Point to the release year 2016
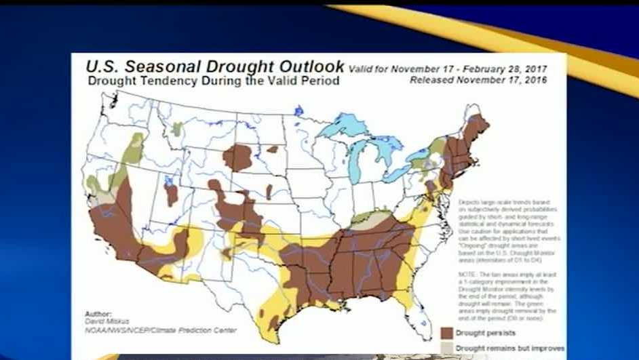pos(535,80)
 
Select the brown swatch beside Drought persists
pos(446,333)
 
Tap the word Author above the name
pos(98,314)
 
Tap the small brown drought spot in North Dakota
pos(272,149)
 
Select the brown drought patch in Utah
pos(172,194)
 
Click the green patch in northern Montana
pos(177,129)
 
